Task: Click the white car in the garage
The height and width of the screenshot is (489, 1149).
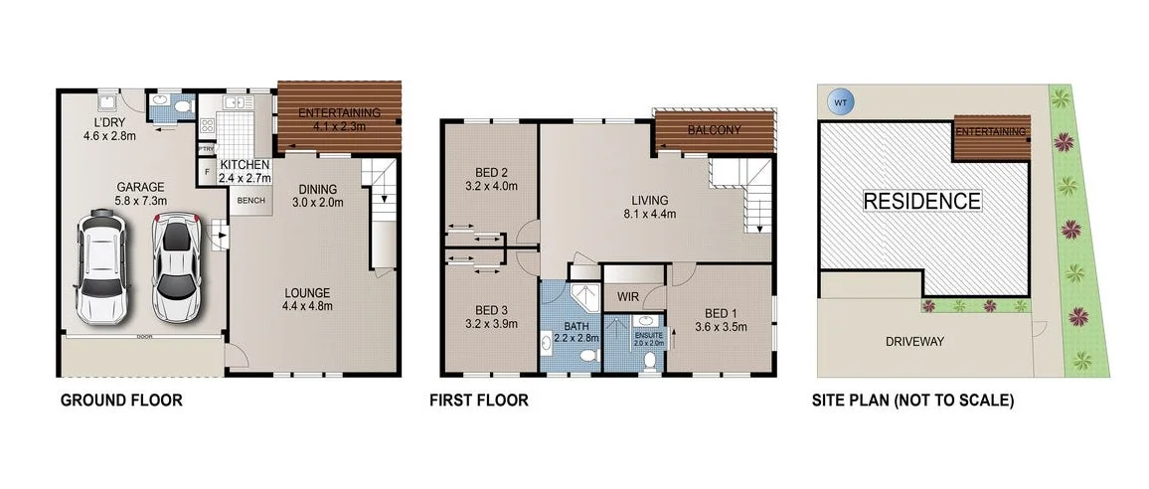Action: [101, 264]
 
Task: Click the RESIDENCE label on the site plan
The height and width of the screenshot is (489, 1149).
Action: [921, 201]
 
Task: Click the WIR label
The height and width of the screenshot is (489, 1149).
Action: [627, 296]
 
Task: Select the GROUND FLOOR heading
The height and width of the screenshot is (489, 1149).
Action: [122, 402]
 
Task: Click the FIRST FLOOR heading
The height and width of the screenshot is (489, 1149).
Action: [478, 402]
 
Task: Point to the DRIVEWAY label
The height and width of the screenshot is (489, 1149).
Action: [914, 342]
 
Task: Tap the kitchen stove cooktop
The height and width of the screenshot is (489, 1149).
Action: [208, 126]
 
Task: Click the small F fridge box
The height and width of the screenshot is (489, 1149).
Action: [207, 172]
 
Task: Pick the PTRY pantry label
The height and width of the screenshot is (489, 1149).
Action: [207, 149]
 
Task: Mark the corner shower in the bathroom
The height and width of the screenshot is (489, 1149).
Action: [585, 295]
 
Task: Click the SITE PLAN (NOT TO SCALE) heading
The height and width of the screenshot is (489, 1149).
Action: [910, 402]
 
